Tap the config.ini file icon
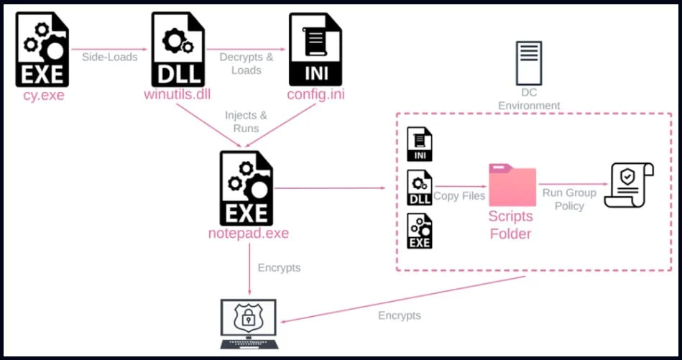pyautogui.click(x=315, y=49)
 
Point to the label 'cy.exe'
pyautogui.click(x=44, y=94)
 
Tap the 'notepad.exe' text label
pyautogui.click(x=247, y=234)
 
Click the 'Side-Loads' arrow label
pyautogui.click(x=110, y=57)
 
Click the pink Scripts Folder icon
pyautogui.click(x=512, y=186)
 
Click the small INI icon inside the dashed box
pyautogui.click(x=420, y=144)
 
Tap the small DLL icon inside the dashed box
pyautogui.click(x=420, y=188)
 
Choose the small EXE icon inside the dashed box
pyautogui.click(x=420, y=231)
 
